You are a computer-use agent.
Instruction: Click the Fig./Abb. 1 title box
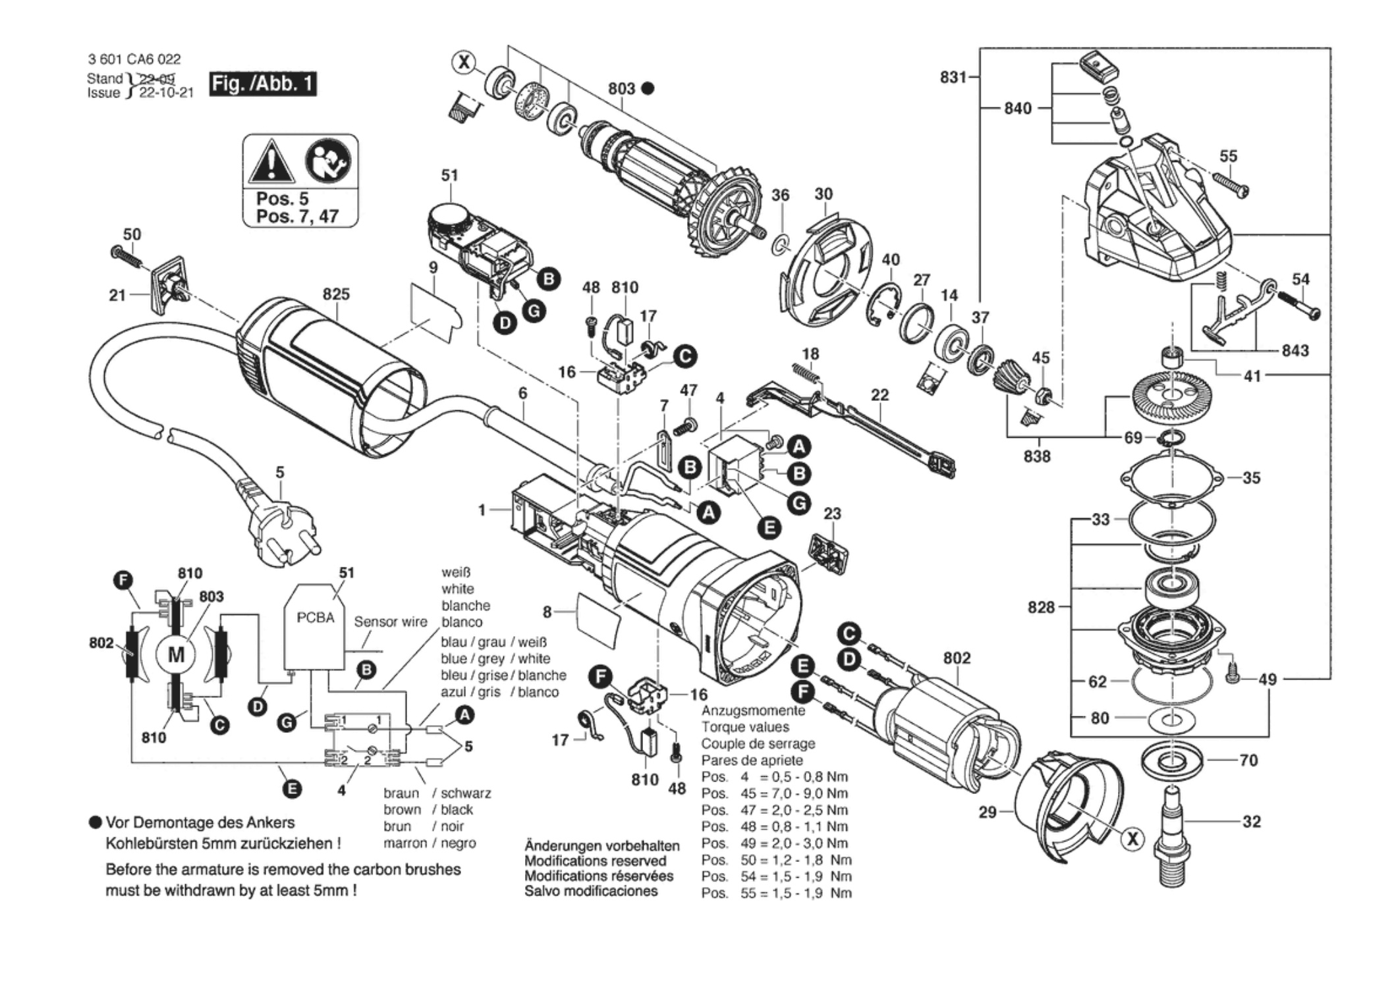click(262, 84)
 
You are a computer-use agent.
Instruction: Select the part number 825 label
click(336, 294)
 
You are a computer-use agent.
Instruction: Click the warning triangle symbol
click(271, 163)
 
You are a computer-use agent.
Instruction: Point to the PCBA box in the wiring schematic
click(315, 626)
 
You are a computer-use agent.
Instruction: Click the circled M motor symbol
click(176, 654)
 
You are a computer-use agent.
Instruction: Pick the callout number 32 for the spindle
click(1251, 821)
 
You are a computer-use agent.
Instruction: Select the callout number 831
click(953, 78)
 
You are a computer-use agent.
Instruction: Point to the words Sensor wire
click(390, 622)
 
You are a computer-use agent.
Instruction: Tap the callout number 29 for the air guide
click(987, 812)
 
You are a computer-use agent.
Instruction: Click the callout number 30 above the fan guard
click(823, 194)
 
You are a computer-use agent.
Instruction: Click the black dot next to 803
click(648, 88)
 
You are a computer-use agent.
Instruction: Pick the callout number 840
click(1017, 108)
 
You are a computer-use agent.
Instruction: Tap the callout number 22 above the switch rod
click(879, 395)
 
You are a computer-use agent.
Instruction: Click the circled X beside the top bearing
click(464, 63)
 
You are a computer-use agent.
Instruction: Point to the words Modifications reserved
click(595, 861)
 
